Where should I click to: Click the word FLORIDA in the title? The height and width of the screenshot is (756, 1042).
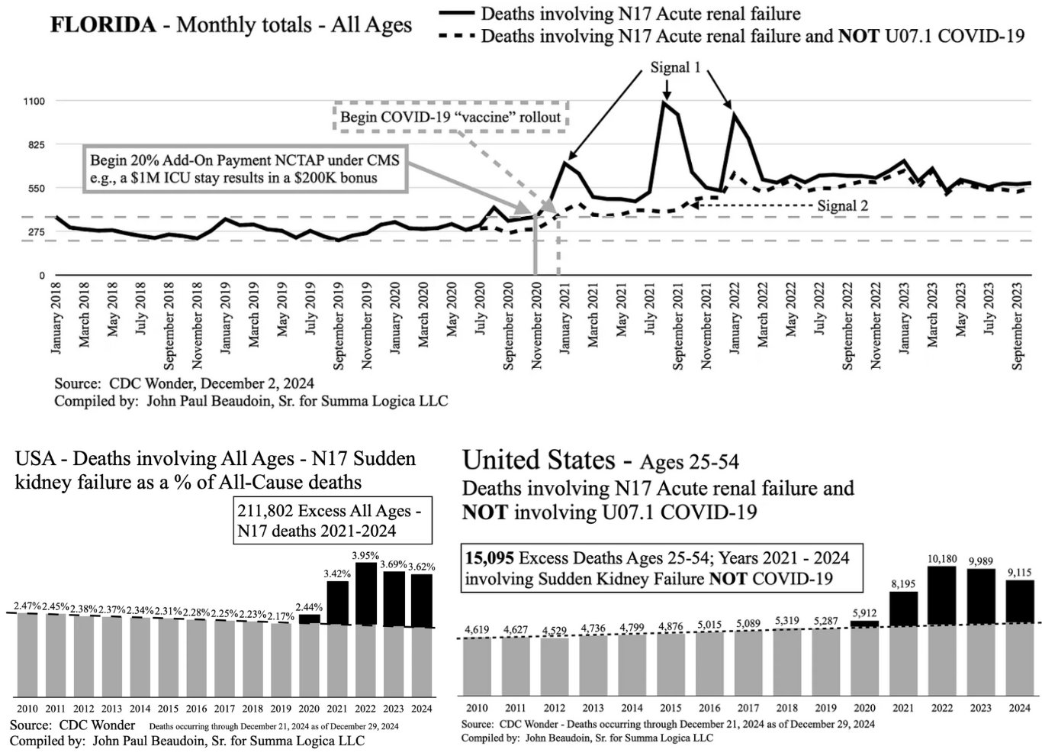pyautogui.click(x=102, y=24)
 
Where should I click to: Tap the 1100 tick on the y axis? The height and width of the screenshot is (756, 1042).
pyautogui.click(x=35, y=101)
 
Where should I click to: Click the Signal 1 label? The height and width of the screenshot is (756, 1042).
pyautogui.click(x=675, y=67)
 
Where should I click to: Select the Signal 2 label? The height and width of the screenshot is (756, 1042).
pyautogui.click(x=842, y=205)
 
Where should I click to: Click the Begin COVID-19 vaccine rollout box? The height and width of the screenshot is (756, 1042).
pyautogui.click(x=450, y=117)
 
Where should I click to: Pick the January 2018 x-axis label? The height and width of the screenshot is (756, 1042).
pyautogui.click(x=56, y=323)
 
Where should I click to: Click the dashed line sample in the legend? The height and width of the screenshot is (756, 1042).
pyautogui.click(x=457, y=36)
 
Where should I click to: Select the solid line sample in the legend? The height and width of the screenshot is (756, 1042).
pyautogui.click(x=457, y=14)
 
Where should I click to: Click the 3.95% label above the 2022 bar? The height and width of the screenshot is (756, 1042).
pyautogui.click(x=366, y=555)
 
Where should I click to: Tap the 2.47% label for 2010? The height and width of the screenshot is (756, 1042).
pyautogui.click(x=27, y=606)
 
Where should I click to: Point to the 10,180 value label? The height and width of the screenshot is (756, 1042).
pyautogui.click(x=942, y=559)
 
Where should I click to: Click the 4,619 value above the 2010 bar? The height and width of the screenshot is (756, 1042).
pyautogui.click(x=477, y=629)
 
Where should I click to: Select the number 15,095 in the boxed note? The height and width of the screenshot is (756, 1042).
pyautogui.click(x=487, y=558)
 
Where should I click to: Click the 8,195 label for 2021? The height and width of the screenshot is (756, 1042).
pyautogui.click(x=903, y=584)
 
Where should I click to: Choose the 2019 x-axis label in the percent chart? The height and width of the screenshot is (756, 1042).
pyautogui.click(x=281, y=708)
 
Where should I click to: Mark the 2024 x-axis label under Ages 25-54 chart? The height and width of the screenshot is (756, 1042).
pyautogui.click(x=1020, y=708)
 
